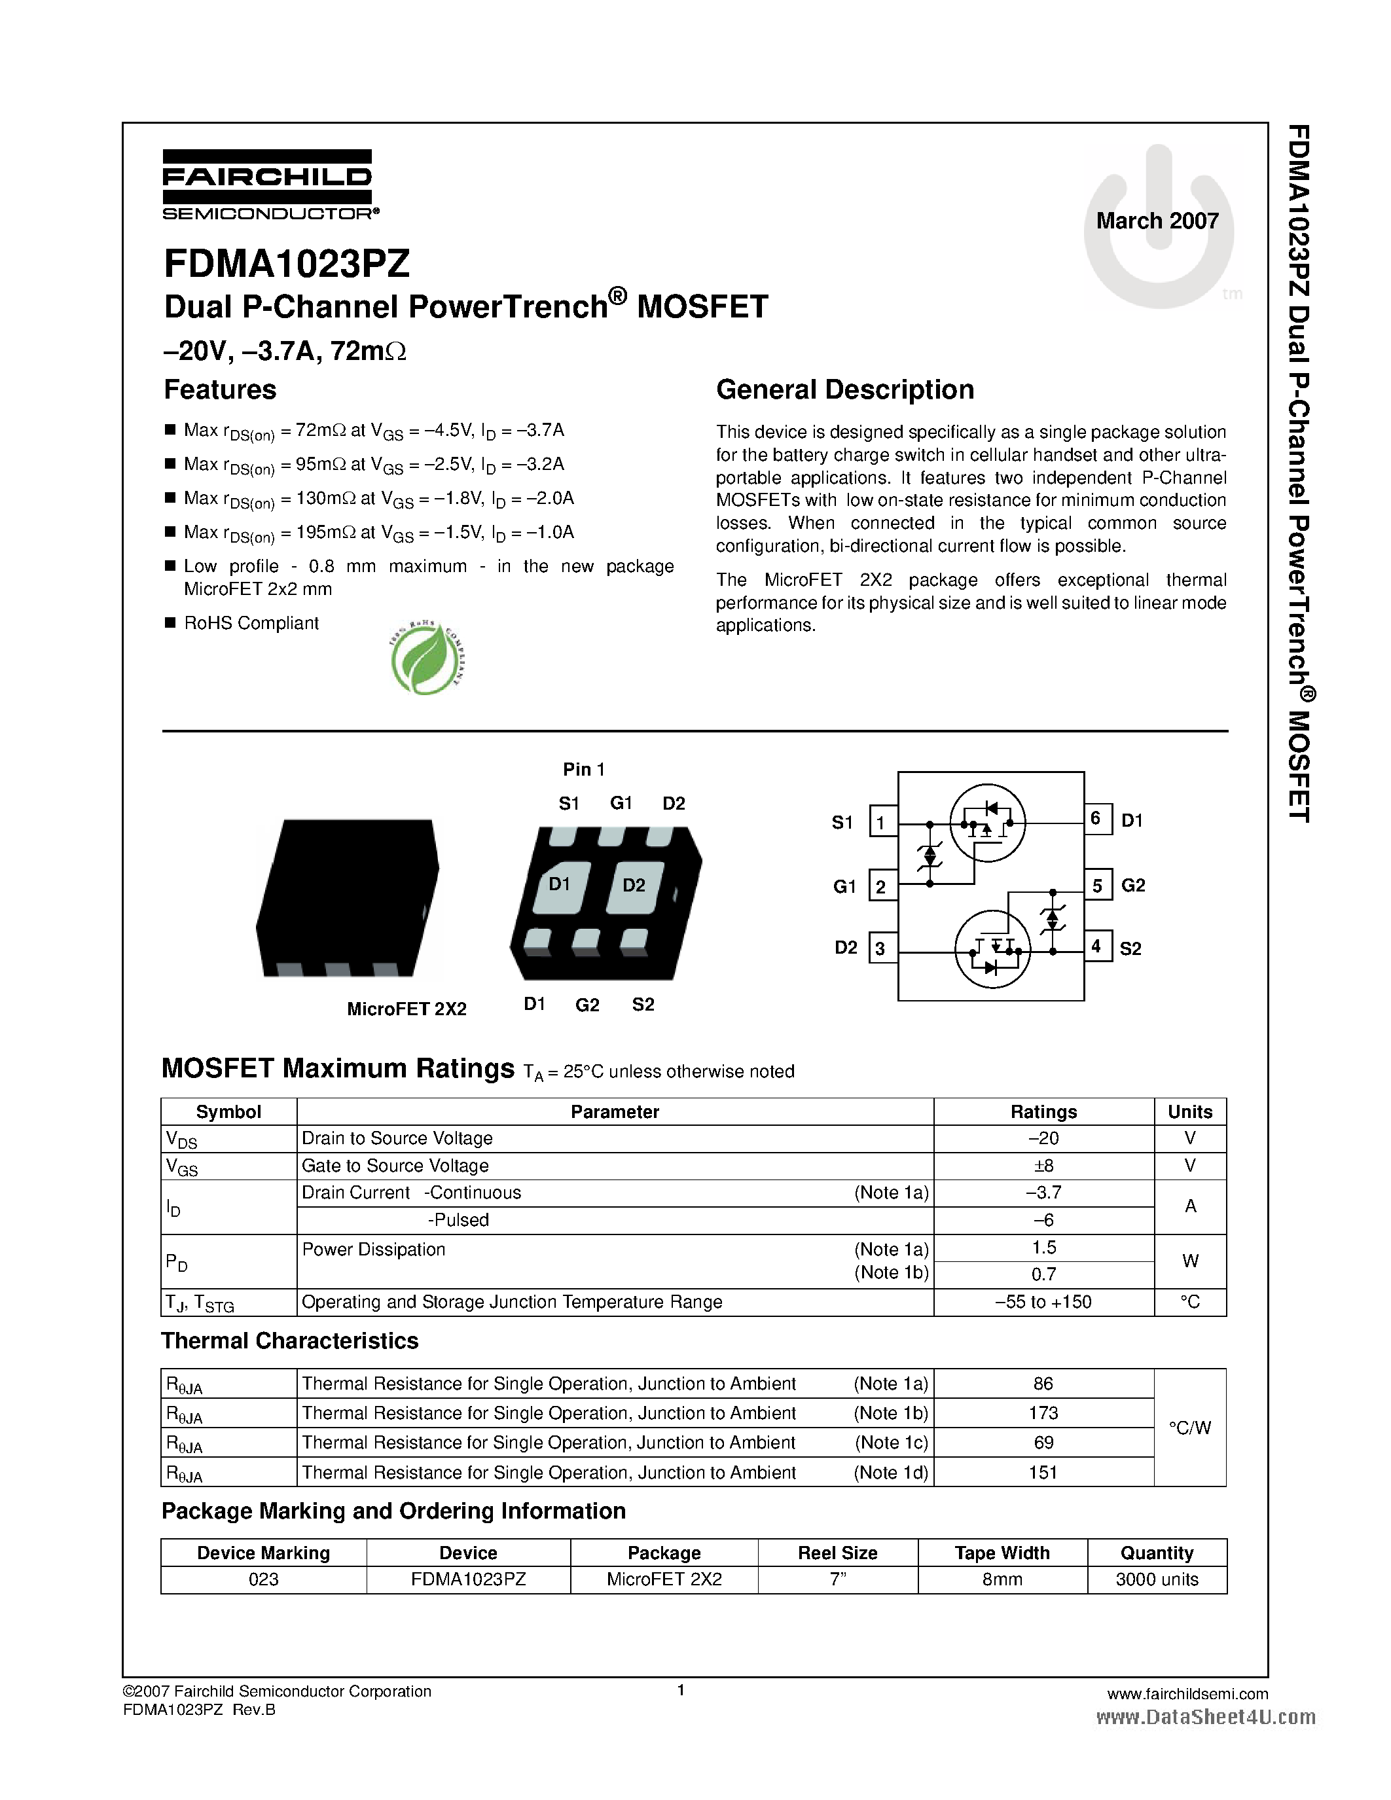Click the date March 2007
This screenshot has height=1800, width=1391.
[1157, 221]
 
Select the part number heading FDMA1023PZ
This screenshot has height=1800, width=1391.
[287, 264]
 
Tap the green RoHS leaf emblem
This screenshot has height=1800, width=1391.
[426, 658]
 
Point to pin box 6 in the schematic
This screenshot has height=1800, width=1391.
[1097, 818]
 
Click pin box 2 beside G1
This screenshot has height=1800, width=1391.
[882, 887]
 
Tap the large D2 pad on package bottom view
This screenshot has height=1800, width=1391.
[634, 886]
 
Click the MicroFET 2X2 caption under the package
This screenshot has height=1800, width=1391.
[406, 1009]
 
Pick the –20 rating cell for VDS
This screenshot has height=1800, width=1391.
[1043, 1138]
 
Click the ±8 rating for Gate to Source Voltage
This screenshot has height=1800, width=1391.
[1043, 1165]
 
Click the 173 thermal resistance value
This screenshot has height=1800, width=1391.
[1043, 1413]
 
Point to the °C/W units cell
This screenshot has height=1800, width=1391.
[1189, 1428]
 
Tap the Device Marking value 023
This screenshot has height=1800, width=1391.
[264, 1579]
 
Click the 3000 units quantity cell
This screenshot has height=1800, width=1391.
[1156, 1579]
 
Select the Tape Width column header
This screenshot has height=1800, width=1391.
[1002, 1553]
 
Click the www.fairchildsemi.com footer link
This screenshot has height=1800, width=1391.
[1187, 1694]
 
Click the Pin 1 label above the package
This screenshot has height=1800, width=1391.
[583, 769]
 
